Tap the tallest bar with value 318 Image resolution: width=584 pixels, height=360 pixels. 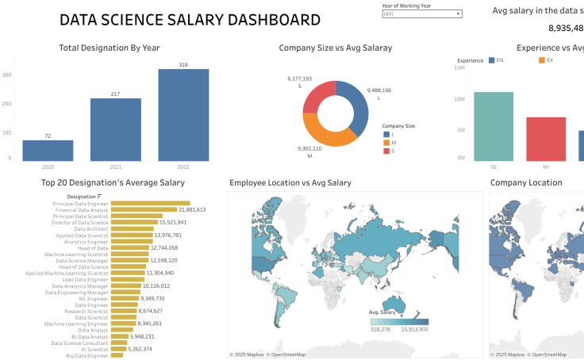click(183, 115)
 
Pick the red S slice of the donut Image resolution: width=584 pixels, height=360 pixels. click(317, 96)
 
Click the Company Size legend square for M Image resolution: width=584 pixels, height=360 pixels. click(386, 142)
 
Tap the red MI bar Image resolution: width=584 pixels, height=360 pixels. click(546, 139)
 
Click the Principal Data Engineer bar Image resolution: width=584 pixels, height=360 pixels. click(151, 204)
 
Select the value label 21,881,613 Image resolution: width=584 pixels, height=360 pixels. click(192, 210)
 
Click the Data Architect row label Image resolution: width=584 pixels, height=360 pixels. click(91, 229)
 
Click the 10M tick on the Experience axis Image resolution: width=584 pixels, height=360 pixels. click(459, 99)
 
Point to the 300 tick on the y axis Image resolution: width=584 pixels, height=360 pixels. click(7, 75)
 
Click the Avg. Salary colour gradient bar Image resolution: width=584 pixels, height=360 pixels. click(399, 322)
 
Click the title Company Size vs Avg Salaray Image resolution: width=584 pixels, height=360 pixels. click(336, 48)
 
